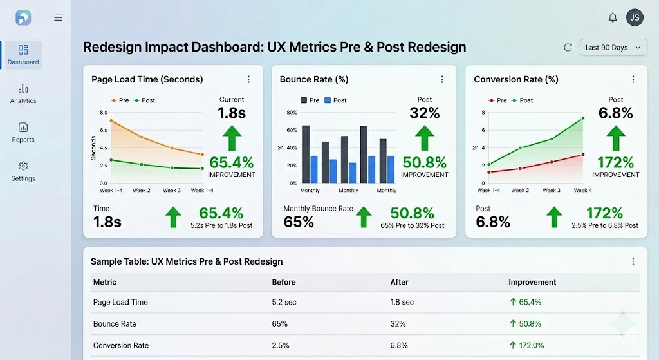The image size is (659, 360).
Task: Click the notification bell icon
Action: [613, 17]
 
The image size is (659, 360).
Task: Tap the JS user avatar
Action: [635, 17]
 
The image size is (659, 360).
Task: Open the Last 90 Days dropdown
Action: [613, 48]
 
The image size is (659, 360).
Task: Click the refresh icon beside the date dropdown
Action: [568, 48]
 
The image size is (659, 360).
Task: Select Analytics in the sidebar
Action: [23, 93]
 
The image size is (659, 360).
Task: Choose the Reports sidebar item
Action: [23, 132]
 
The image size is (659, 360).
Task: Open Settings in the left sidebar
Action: [23, 171]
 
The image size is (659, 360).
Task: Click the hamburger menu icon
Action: [59, 18]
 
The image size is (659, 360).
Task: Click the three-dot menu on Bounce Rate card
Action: [442, 79]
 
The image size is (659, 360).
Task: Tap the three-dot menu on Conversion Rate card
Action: [633, 79]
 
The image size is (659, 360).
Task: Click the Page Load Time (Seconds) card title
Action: [147, 79]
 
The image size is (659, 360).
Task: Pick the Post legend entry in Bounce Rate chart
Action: [335, 100]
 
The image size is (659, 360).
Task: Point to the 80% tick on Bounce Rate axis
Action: [292, 113]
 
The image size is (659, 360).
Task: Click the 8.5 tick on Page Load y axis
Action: [103, 113]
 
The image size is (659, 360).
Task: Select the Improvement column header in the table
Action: [532, 282]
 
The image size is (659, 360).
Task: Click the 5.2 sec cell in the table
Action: [284, 302]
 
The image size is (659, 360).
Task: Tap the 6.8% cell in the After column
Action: [400, 345]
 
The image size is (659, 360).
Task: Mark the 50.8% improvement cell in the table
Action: [525, 324]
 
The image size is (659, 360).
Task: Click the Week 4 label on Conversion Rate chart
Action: [582, 191]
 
